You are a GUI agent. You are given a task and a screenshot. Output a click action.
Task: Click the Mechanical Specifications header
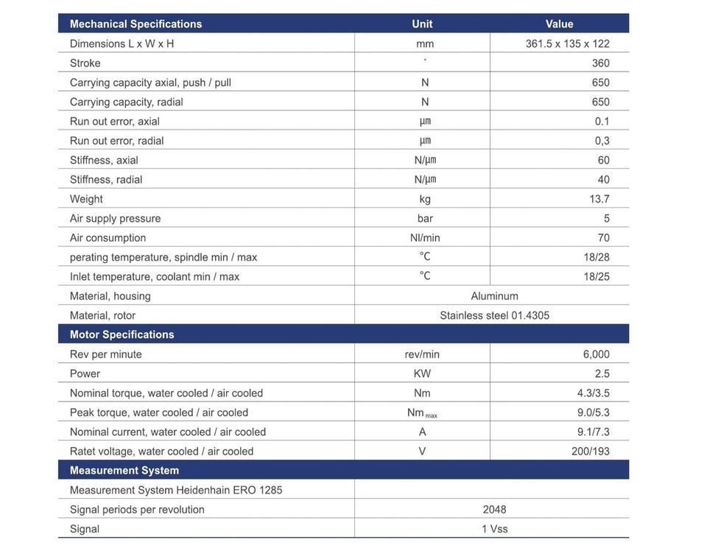pos(136,24)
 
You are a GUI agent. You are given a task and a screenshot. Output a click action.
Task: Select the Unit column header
pos(422,24)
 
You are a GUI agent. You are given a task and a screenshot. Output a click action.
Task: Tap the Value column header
pos(559,24)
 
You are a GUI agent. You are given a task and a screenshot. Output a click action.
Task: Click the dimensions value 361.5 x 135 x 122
pos(567,43)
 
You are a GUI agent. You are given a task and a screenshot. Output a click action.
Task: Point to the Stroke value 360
pos(600,63)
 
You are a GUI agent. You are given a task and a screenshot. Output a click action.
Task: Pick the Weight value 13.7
pos(599,199)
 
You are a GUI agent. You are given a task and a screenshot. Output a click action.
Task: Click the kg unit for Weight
pos(425,199)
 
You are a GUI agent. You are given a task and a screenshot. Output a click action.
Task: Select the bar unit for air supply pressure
pos(425,218)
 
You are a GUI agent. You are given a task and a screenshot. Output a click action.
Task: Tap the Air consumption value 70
pos(603,238)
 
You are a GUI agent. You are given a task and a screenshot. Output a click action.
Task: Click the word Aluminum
pos(494,296)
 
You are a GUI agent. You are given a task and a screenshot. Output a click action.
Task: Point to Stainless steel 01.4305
pos(494,315)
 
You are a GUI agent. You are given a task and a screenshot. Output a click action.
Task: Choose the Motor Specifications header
pos(122,334)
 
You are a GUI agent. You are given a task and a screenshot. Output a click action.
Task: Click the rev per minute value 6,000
pos(596,354)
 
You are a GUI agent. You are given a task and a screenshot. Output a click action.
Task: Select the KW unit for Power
pos(422,373)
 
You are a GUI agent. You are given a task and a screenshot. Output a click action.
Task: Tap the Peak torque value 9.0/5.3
pos(593,413)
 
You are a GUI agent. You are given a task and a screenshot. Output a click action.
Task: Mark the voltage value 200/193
pos(590,452)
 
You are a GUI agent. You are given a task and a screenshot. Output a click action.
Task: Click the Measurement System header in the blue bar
pos(124,471)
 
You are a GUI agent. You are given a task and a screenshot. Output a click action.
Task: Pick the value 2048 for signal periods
pos(494,510)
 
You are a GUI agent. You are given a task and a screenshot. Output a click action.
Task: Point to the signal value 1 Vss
pos(494,529)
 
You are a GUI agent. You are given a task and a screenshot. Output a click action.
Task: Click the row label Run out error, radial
pos(116,141)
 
